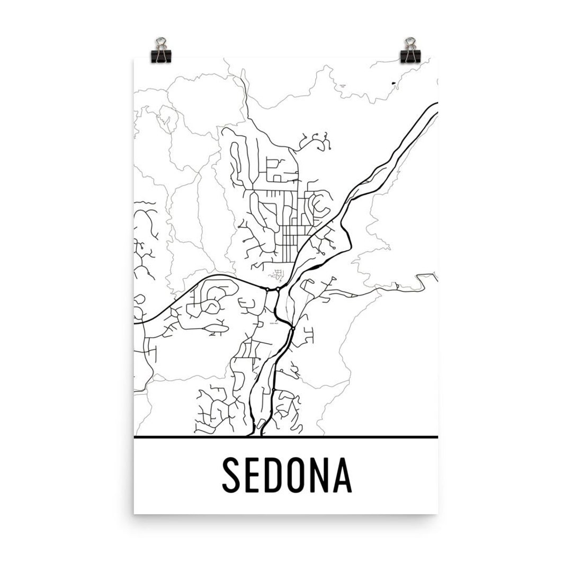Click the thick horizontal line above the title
click(286, 437)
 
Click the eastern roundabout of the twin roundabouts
click(278, 289)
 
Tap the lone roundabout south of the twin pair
click(292, 329)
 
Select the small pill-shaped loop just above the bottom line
click(261, 424)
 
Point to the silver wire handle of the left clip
click(160, 42)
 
